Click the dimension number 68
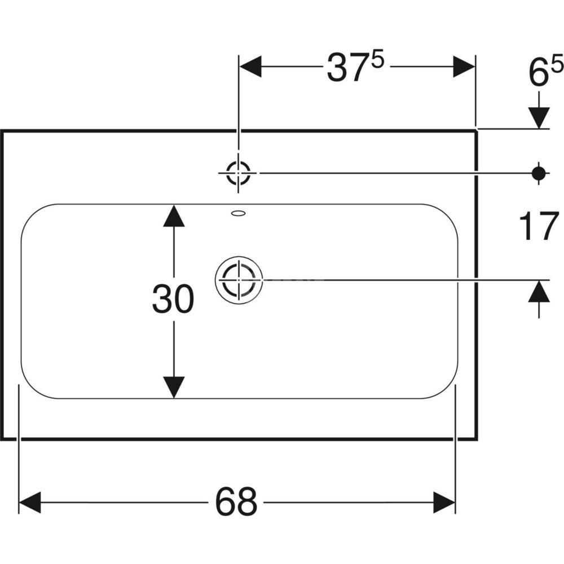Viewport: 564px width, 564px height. tap(236, 501)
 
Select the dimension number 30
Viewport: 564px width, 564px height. tap(173, 299)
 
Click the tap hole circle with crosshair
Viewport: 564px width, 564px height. tap(238, 173)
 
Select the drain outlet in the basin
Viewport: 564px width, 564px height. tap(239, 279)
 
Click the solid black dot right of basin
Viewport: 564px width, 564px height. tap(540, 173)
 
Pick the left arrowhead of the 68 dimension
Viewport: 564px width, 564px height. tap(29, 501)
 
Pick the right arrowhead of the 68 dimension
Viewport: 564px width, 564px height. tap(444, 501)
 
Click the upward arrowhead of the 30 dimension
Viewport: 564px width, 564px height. tap(174, 215)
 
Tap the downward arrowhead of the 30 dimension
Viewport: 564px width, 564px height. tap(174, 387)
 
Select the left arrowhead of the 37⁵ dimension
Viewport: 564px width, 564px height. tap(251, 67)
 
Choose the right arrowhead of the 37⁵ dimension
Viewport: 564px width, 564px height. tap(464, 67)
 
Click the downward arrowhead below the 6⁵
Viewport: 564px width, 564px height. tap(540, 117)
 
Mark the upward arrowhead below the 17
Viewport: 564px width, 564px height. tap(540, 291)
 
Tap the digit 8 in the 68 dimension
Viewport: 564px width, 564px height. tap(247, 501)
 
